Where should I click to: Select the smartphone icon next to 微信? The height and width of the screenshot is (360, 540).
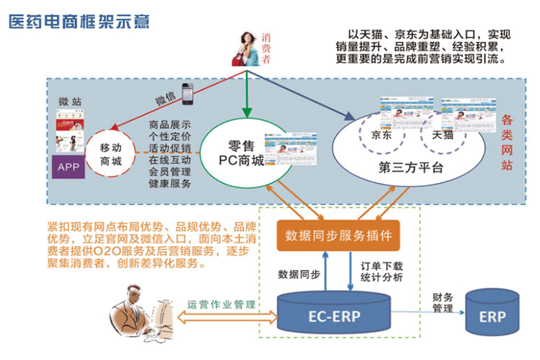[189, 90]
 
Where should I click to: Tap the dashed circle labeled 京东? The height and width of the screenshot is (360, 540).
[382, 136]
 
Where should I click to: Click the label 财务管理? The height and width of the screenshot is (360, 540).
[442, 302]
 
